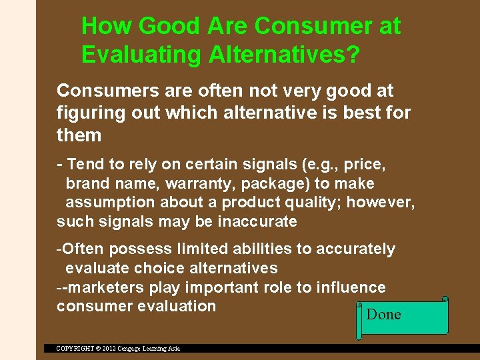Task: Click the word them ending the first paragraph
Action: tap(79, 135)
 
